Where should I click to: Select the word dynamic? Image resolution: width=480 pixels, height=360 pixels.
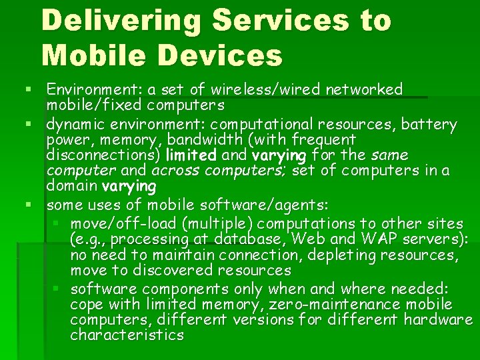pos(77,125)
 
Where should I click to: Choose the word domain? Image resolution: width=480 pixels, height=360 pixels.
pos(71,186)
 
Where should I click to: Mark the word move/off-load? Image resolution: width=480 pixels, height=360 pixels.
pos(117,223)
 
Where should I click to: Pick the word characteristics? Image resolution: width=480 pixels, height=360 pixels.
pos(127,335)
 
